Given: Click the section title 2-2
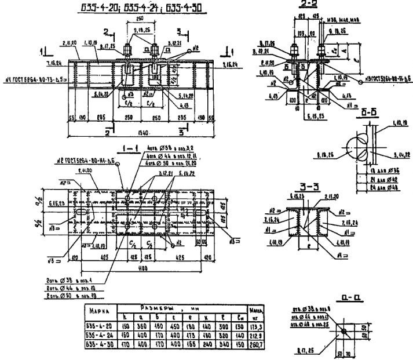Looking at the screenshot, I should pyautogui.click(x=305, y=5).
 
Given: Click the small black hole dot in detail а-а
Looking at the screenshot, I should pyautogui.click(x=343, y=331).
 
